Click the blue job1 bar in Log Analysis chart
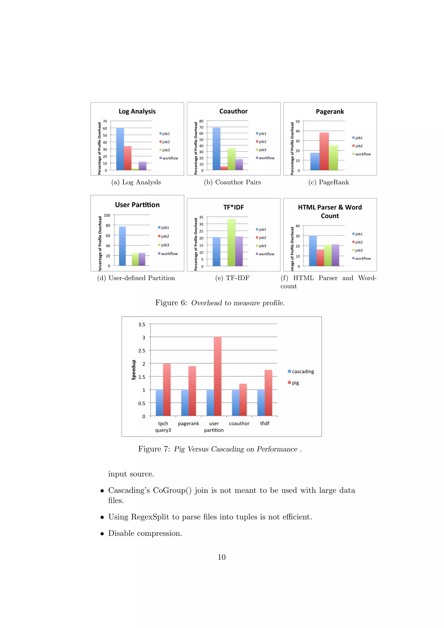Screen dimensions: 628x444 pos(120,149)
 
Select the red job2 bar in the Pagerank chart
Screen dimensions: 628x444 pos(324,151)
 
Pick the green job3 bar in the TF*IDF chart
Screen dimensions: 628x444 pos(231,242)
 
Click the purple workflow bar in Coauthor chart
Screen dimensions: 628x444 pos(239,164)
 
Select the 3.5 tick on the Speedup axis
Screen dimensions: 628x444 pos(142,324)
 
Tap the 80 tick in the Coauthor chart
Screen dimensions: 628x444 pos(201,121)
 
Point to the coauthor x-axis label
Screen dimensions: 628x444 pos(239,424)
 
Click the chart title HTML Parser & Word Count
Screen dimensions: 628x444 pos(330,211)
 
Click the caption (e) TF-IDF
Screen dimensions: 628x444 pos(232,278)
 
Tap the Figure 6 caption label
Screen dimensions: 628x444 pos(171,303)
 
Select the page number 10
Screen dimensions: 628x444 pos(221,557)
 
